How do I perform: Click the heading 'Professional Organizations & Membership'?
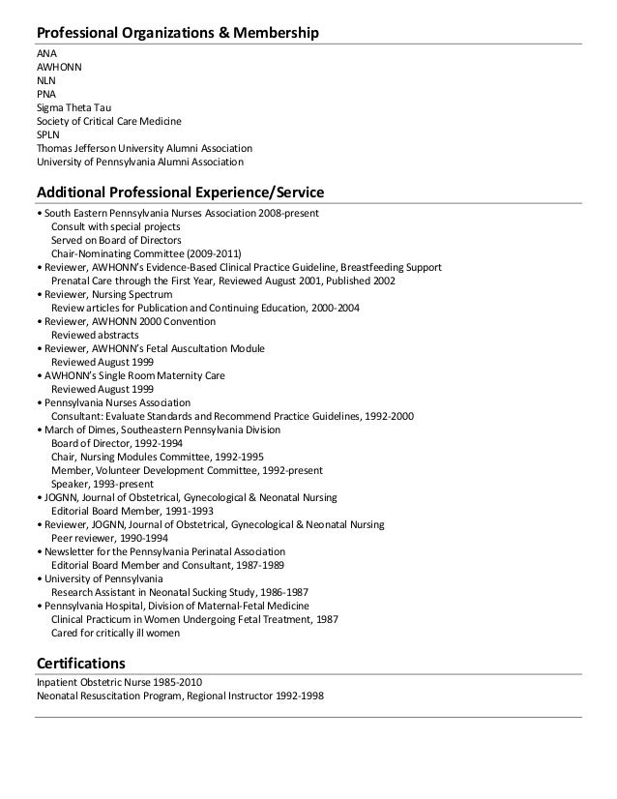point(178,35)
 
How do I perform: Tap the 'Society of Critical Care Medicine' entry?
point(108,122)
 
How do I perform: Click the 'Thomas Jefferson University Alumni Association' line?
point(144,149)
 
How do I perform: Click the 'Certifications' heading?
point(81,664)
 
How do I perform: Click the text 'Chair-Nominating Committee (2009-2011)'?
point(140,253)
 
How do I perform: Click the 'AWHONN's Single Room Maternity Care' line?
point(133,375)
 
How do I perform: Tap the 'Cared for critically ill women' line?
point(115,633)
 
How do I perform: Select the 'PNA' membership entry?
point(46,95)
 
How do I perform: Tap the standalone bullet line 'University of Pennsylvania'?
point(101,578)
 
